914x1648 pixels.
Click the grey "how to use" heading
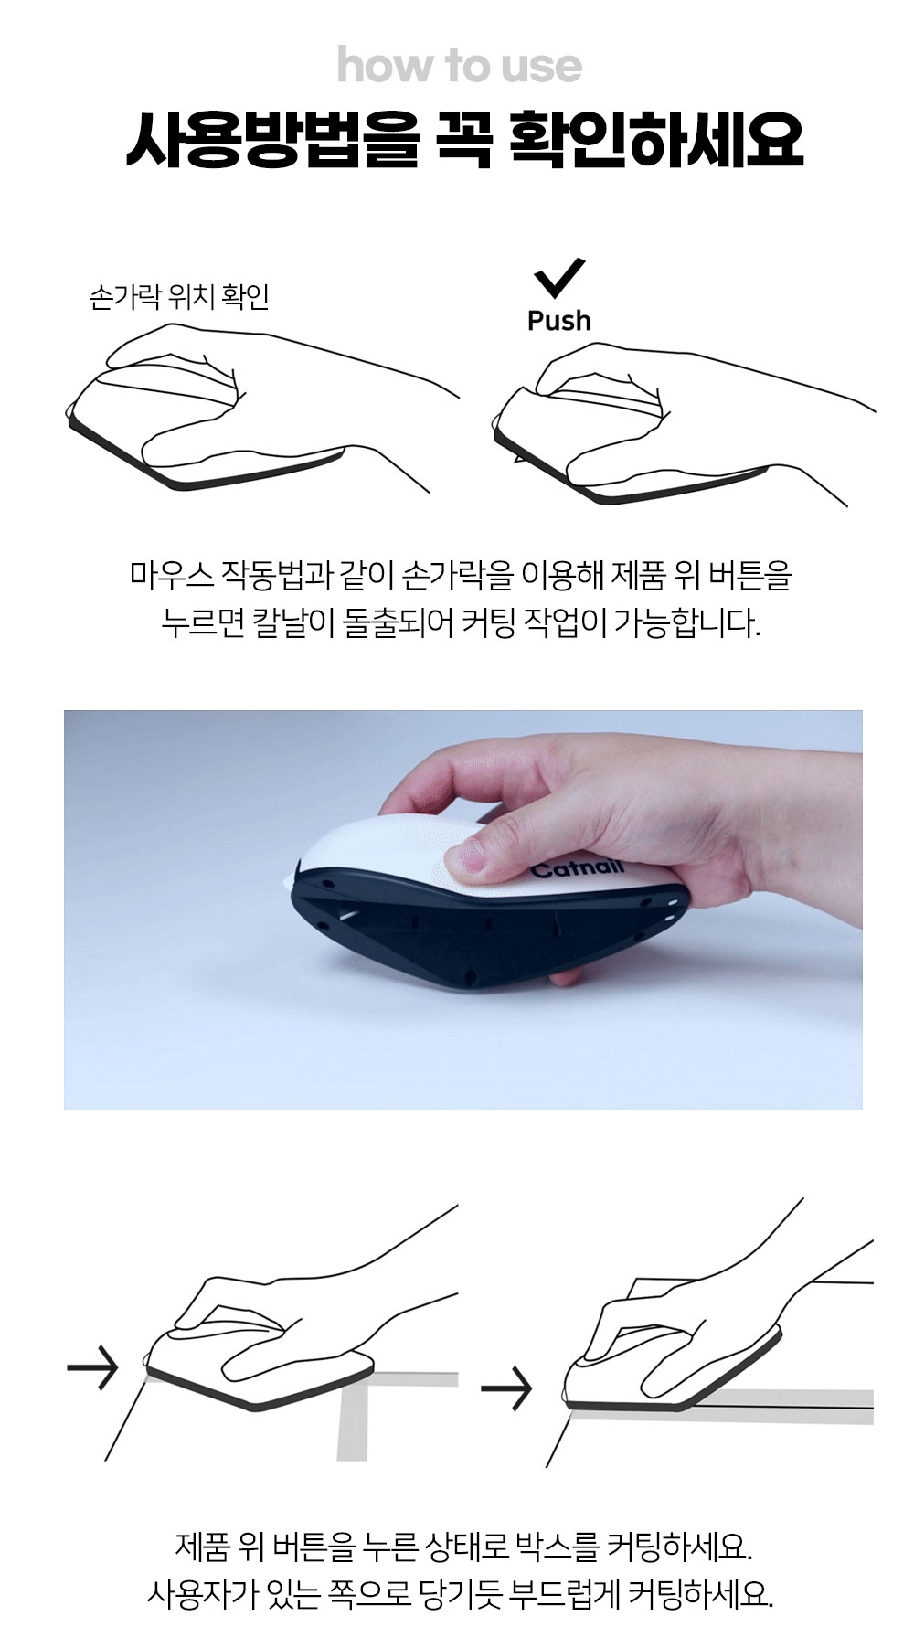tap(459, 67)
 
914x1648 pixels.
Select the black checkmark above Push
tap(559, 278)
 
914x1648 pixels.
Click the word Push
tap(559, 321)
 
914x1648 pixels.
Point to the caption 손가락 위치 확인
tap(179, 297)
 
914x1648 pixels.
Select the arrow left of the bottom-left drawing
tap(92, 1367)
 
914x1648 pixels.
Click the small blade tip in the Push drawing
tap(518, 458)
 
